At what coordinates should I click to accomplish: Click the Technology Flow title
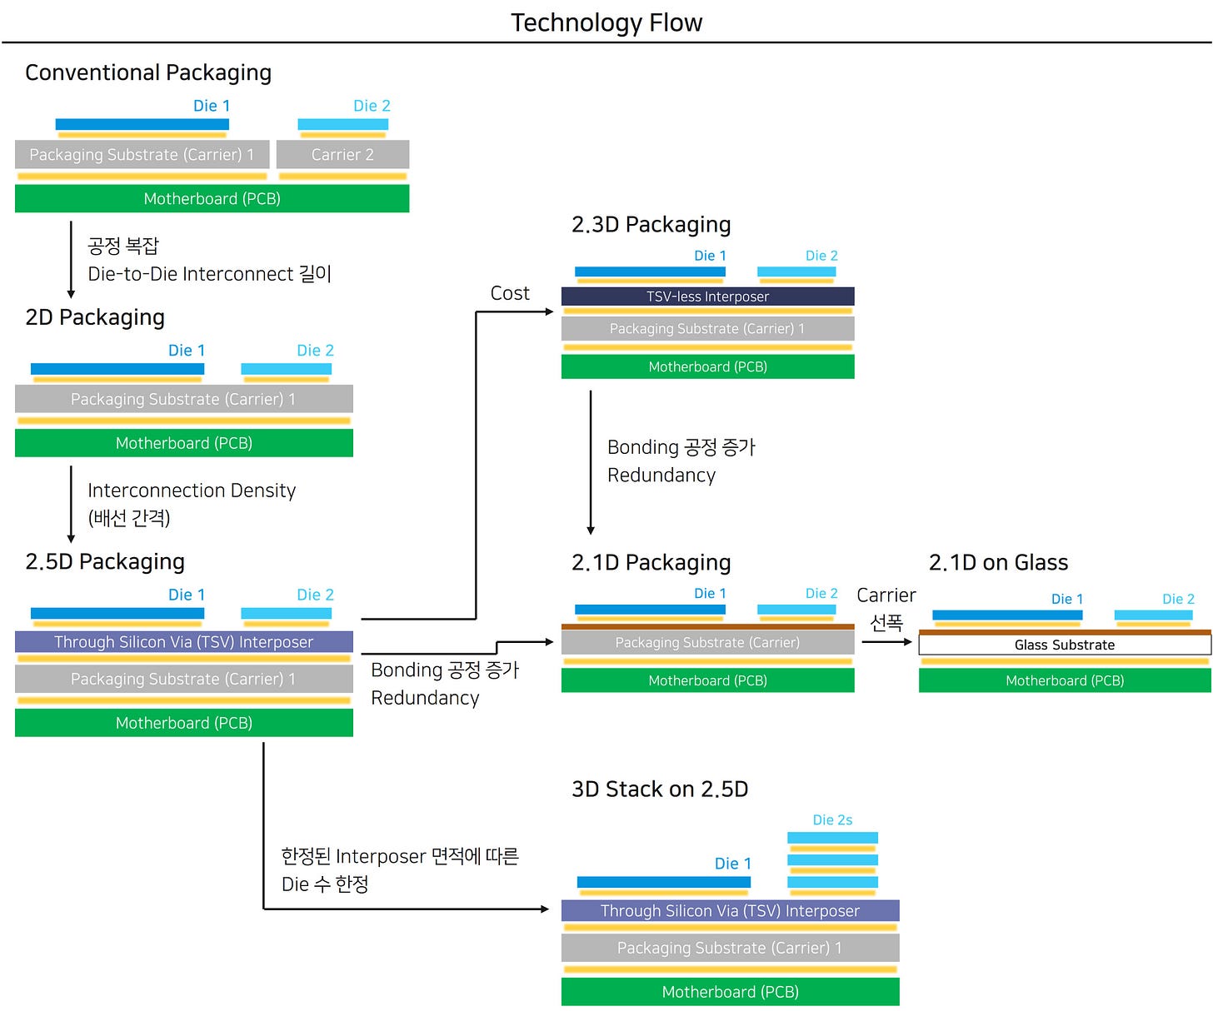click(606, 22)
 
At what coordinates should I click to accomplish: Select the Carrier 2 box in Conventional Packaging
click(342, 155)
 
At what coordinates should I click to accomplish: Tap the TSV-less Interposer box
click(707, 296)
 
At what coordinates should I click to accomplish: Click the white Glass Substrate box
click(1064, 645)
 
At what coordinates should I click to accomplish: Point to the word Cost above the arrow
click(510, 293)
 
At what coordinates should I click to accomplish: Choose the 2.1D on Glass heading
click(998, 563)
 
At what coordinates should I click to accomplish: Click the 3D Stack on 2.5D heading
click(660, 789)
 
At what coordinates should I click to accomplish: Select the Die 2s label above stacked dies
click(832, 819)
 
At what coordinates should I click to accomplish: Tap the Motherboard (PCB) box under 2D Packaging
click(184, 443)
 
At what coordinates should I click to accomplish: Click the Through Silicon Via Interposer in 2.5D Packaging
click(184, 642)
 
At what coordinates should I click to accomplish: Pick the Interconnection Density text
click(192, 491)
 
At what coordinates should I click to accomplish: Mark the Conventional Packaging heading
click(148, 72)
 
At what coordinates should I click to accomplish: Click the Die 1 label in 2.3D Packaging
click(710, 256)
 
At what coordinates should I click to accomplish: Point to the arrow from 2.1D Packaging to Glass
click(886, 641)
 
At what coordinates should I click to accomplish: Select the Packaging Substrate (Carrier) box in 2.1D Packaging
click(707, 642)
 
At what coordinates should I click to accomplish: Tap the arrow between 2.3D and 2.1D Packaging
click(591, 462)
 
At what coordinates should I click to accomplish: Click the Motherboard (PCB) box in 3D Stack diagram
click(730, 992)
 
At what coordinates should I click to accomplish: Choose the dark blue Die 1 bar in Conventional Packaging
click(142, 124)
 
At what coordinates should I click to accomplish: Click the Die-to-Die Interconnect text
click(209, 274)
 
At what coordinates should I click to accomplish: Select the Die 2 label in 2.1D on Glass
click(1178, 599)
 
